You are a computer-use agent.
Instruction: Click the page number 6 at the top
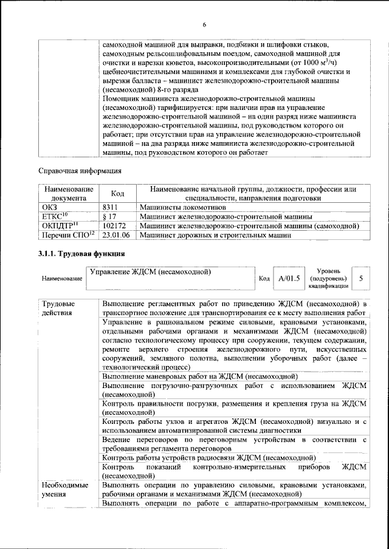coord(204,24)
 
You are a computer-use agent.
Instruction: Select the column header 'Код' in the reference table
coord(117,193)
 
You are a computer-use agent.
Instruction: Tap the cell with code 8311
coord(109,207)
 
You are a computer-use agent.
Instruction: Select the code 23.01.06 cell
coord(117,234)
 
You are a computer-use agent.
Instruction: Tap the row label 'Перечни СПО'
coord(65,234)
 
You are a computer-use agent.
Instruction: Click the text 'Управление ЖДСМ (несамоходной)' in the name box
coord(150,271)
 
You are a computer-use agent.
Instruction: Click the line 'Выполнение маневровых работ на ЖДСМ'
coord(199,377)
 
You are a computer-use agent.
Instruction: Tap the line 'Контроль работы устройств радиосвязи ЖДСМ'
coord(209,457)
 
